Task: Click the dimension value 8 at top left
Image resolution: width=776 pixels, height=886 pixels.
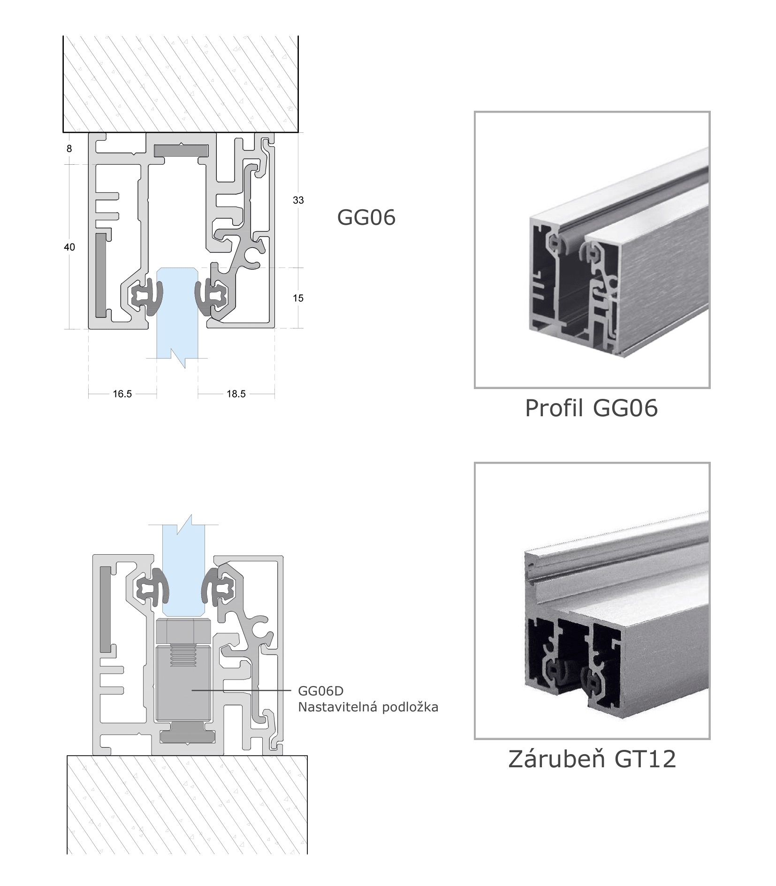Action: pyautogui.click(x=69, y=149)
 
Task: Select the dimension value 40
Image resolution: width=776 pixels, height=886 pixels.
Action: pyautogui.click(x=69, y=247)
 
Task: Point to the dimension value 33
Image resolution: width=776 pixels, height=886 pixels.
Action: pyautogui.click(x=298, y=200)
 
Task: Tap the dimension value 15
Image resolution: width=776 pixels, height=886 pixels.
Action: pyautogui.click(x=298, y=298)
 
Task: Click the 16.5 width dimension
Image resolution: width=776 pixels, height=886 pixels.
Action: pyautogui.click(x=122, y=394)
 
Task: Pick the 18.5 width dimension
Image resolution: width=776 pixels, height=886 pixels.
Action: pyautogui.click(x=236, y=394)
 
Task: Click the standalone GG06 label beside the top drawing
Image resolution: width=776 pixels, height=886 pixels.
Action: pyautogui.click(x=366, y=218)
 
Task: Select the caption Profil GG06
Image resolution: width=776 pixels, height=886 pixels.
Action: pyautogui.click(x=591, y=408)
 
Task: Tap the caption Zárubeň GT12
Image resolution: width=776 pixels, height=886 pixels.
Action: pyautogui.click(x=592, y=759)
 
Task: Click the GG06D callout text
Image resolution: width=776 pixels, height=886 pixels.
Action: pyautogui.click(x=320, y=691)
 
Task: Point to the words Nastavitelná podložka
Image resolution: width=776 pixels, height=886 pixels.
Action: pyautogui.click(x=368, y=707)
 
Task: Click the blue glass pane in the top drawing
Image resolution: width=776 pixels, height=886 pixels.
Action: pyautogui.click(x=177, y=319)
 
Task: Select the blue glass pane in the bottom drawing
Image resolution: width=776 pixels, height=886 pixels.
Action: pyautogui.click(x=183, y=568)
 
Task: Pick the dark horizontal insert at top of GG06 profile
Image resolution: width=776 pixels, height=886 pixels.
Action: pyautogui.click(x=181, y=150)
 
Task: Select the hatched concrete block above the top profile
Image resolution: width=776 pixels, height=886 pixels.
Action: pyautogui.click(x=181, y=84)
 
